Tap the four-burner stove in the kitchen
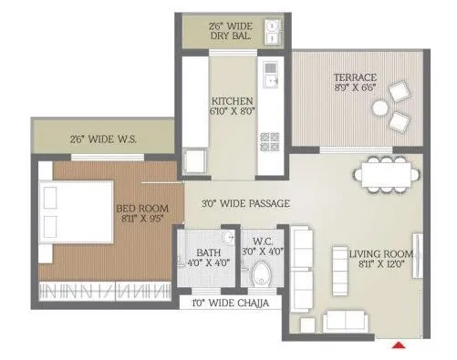pyautogui.click(x=270, y=141)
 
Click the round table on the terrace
pyautogui.click(x=380, y=108)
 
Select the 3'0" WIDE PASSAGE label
pyautogui.click(x=245, y=204)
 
